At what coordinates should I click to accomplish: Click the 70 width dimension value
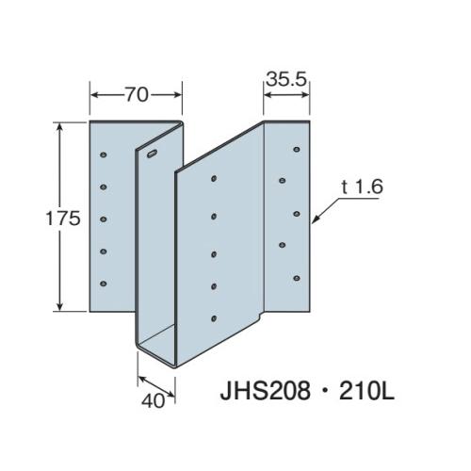[x=135, y=94]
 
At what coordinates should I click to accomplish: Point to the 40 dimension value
[x=154, y=399]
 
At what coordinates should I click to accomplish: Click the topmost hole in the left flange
[x=105, y=152]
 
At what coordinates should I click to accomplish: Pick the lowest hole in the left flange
[x=105, y=283]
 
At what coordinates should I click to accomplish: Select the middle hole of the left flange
[x=105, y=219]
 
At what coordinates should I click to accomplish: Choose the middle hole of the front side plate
[x=215, y=252]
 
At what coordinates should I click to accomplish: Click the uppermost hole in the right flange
[x=297, y=148]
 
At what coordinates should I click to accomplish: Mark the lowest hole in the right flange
[x=297, y=278]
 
